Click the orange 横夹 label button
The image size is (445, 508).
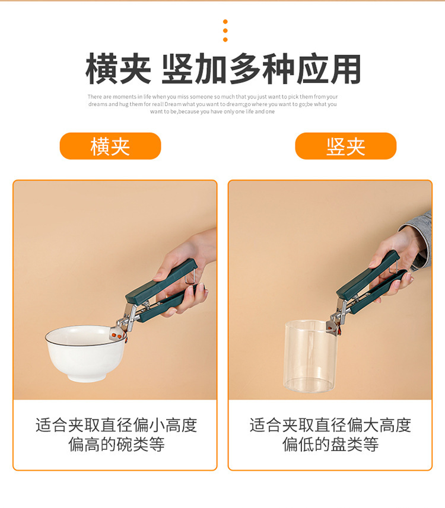pyautogui.click(x=110, y=146)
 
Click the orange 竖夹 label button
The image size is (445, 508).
pyautogui.click(x=345, y=146)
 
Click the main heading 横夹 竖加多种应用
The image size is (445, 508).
pyautogui.click(x=223, y=70)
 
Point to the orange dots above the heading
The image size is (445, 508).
pyautogui.click(x=225, y=31)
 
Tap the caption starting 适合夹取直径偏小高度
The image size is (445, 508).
pyautogui.click(x=116, y=434)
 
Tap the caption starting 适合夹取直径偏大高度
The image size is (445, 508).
pyautogui.click(x=330, y=434)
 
